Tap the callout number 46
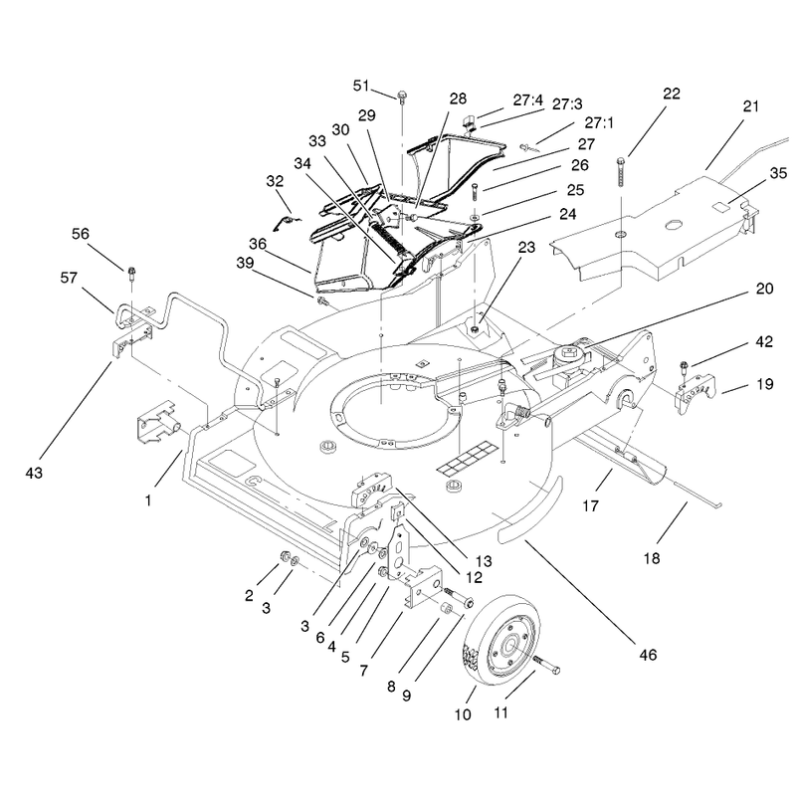(648, 655)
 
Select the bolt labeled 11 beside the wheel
(545, 665)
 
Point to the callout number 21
(751, 106)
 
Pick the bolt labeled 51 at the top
(402, 97)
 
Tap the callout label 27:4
(528, 100)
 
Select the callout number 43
(34, 474)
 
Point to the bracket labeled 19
(695, 393)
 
